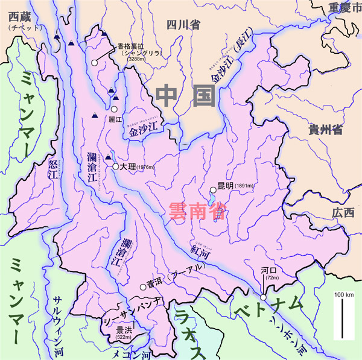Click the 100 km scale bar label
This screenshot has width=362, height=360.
click(x=344, y=293)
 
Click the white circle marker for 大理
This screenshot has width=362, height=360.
click(x=115, y=166)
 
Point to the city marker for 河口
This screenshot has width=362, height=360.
click(x=264, y=297)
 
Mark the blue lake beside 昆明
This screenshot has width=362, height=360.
click(x=212, y=197)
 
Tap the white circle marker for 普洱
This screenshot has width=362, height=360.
click(x=144, y=287)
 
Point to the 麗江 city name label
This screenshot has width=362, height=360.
click(x=115, y=119)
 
